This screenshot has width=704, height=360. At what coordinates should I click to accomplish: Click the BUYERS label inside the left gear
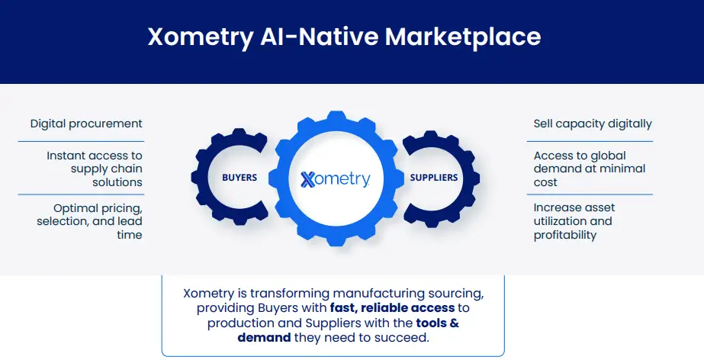(x=239, y=178)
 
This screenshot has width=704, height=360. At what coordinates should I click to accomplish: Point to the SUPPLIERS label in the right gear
(x=434, y=178)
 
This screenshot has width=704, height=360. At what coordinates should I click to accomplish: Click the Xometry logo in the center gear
(x=336, y=179)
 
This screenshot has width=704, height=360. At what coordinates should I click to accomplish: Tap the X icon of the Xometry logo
(x=308, y=180)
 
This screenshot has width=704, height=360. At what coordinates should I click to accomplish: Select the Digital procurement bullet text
(x=86, y=124)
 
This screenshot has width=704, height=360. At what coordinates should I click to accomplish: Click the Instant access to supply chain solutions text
(x=95, y=169)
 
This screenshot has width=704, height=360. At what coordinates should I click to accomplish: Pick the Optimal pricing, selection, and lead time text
(x=90, y=221)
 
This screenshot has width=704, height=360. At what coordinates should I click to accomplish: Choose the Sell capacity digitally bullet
(x=593, y=124)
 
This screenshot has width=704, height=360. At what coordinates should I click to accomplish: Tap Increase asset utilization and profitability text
(x=574, y=221)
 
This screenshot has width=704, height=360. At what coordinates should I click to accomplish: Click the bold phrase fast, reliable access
(x=392, y=308)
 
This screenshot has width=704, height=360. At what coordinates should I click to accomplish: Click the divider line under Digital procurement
(x=81, y=141)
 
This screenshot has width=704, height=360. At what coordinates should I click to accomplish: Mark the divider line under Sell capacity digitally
(x=590, y=141)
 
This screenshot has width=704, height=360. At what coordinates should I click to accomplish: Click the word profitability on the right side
(x=565, y=235)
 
